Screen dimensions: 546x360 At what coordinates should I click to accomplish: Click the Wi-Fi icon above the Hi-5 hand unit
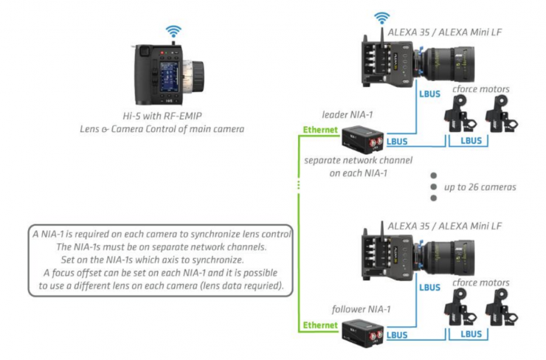173,32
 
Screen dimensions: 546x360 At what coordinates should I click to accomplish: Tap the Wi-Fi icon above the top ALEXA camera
381,18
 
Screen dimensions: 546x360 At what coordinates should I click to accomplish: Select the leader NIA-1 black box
362,140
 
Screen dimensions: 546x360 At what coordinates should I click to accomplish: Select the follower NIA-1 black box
362,333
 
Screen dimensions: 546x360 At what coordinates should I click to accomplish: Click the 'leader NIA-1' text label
348,114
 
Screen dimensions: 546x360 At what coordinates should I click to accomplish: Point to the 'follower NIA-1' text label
361,309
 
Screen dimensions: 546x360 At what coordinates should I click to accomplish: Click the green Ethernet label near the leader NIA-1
320,130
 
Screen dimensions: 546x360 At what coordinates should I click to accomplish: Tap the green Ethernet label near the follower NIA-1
320,325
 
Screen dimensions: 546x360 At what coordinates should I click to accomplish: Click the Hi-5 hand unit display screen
169,77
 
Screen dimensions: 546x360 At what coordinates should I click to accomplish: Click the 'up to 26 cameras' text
480,187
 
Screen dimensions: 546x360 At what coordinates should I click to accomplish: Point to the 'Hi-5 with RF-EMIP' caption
162,116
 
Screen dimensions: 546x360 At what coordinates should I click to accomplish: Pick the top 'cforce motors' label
481,89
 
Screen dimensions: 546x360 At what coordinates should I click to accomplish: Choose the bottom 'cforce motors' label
481,283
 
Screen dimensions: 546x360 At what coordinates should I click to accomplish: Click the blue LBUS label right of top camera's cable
429,94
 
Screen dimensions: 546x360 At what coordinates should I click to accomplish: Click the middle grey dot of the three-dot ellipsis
434,187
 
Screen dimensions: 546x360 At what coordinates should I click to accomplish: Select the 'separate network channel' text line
358,161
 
